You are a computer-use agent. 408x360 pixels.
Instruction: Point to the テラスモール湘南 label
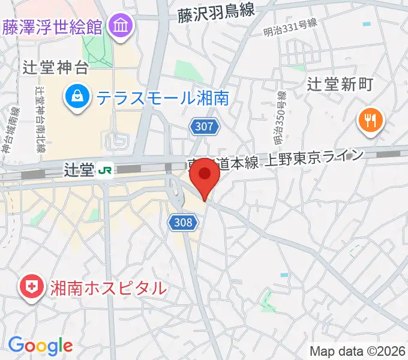[x=162, y=97]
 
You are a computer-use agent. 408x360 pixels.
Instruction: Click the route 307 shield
[x=205, y=126]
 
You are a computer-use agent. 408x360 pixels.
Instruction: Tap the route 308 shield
[x=183, y=223]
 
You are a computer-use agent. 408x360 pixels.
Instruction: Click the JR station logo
[x=104, y=171]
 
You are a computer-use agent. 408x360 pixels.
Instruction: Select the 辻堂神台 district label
[x=55, y=67]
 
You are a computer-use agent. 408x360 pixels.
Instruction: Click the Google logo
[x=40, y=345]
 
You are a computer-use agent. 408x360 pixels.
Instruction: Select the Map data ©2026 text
[x=356, y=351]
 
